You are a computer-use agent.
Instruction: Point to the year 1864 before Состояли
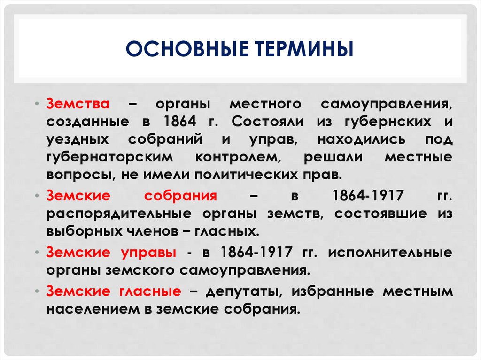[180, 122]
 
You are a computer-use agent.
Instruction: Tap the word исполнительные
[390, 253]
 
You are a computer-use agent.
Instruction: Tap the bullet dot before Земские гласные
[37, 291]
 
